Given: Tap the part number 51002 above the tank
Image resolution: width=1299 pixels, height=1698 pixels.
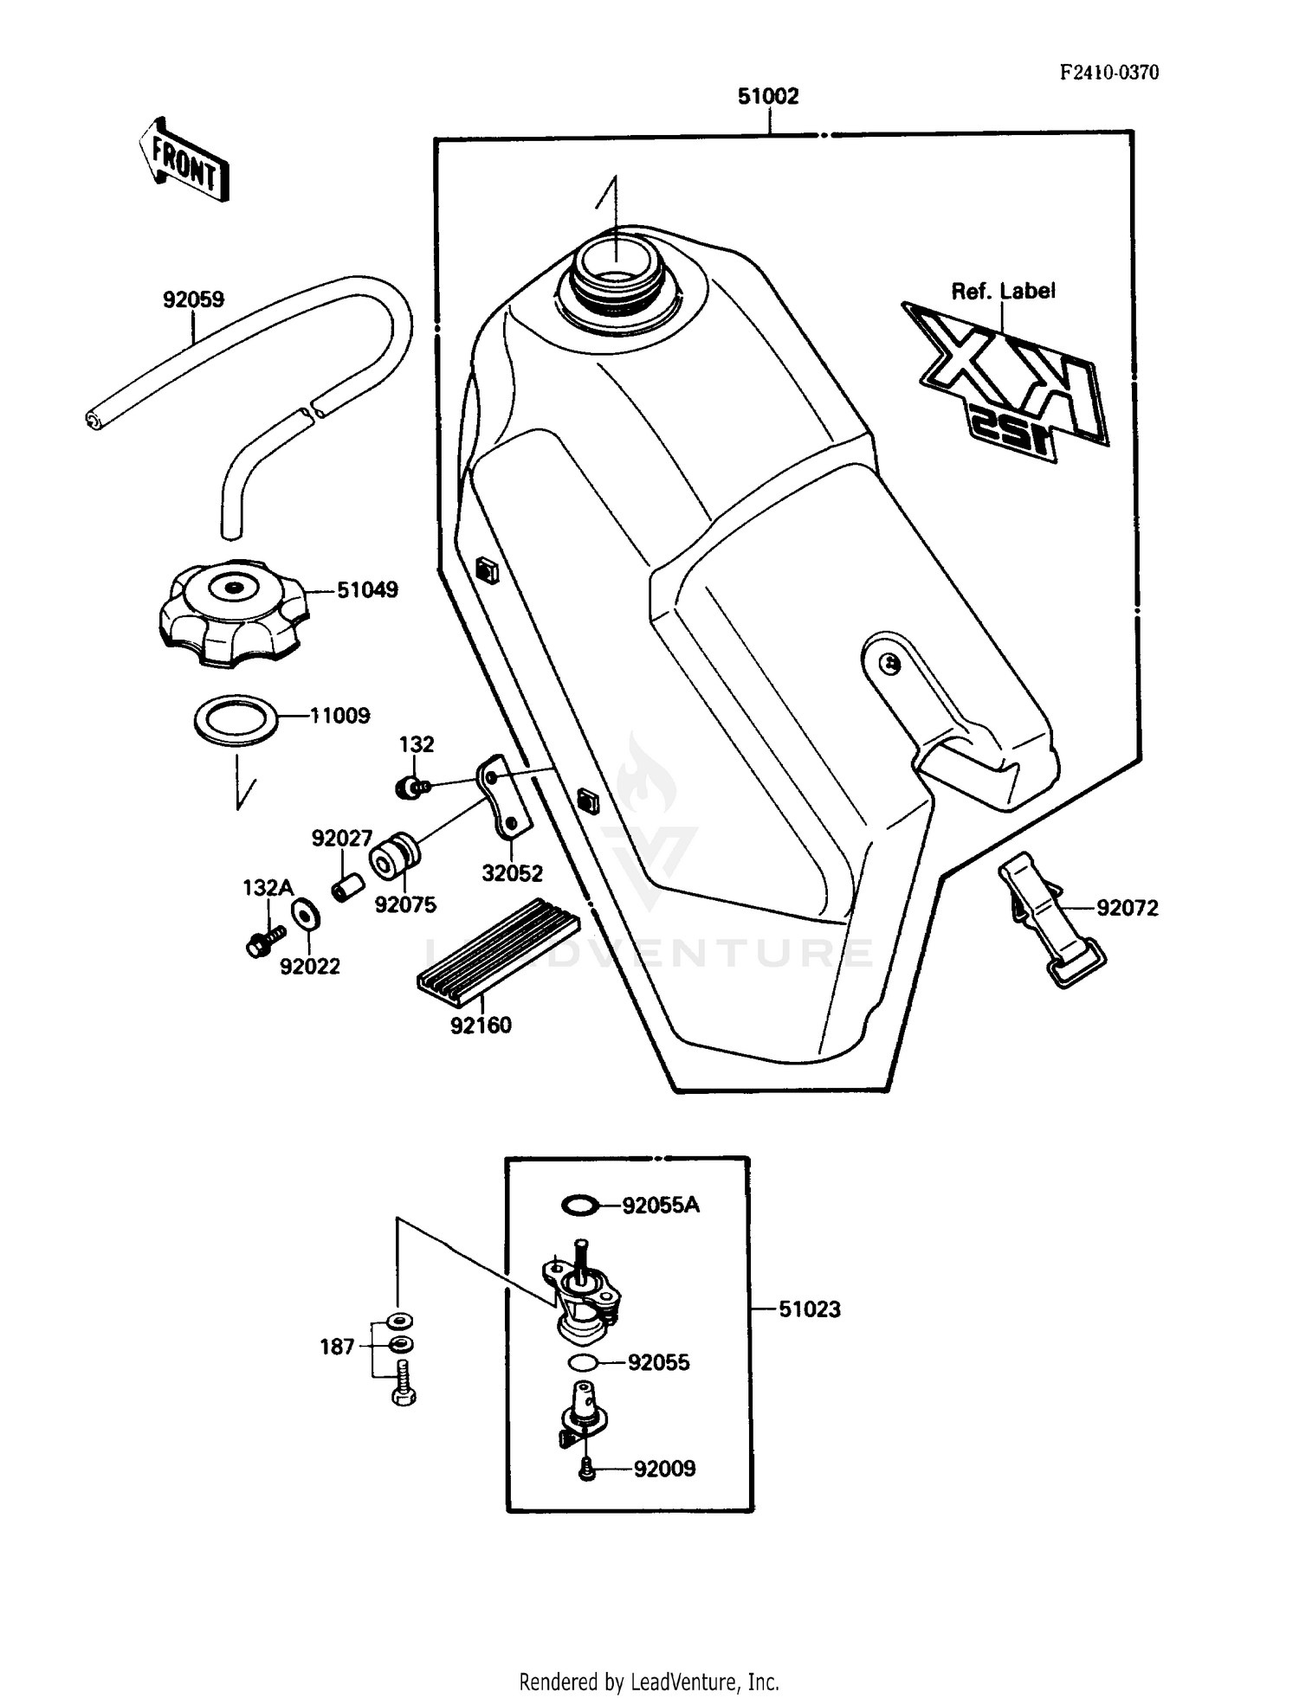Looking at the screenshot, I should (767, 96).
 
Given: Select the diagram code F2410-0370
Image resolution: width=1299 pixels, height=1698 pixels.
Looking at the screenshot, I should (1109, 73).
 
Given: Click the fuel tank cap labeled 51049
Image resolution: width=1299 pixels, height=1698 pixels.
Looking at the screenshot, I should (233, 611).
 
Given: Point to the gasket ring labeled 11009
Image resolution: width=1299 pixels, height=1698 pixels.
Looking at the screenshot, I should (236, 718).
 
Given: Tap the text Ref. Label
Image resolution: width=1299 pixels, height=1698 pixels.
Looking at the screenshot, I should (1003, 292).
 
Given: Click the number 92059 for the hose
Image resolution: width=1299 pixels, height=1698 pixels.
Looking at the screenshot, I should (193, 299).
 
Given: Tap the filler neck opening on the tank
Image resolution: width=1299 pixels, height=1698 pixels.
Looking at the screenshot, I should (613, 263).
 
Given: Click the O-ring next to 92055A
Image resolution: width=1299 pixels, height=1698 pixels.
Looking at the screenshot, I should (579, 1205).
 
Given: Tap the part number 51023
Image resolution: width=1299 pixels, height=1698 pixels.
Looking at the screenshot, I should (809, 1309).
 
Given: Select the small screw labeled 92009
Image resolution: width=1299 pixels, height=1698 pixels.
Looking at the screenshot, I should (586, 1468).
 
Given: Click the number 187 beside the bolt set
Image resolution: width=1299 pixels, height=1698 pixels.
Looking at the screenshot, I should (337, 1347).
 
